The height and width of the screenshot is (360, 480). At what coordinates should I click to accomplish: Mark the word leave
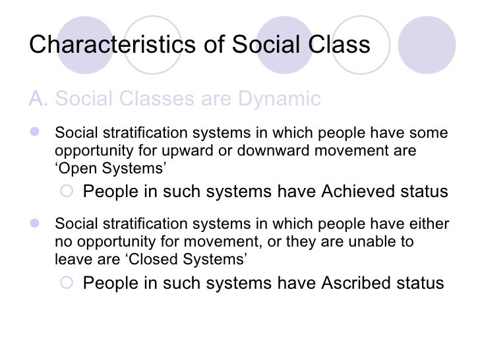[70, 260]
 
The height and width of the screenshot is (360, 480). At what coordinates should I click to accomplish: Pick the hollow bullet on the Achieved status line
[66, 192]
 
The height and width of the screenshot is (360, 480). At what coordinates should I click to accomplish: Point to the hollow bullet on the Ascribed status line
[66, 284]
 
